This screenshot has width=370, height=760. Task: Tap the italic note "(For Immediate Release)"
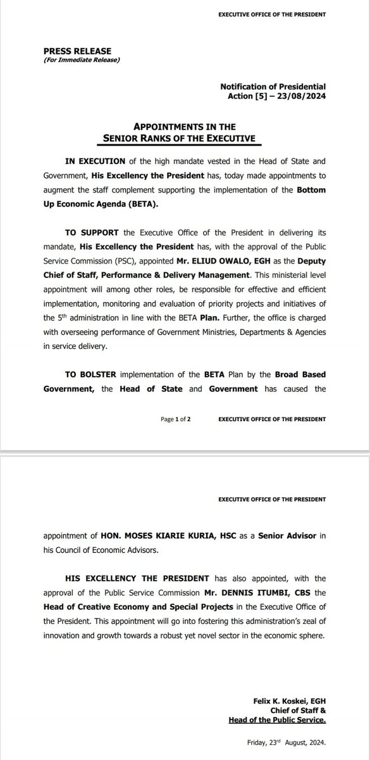82,60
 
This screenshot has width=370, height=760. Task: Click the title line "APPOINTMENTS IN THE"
184,126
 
